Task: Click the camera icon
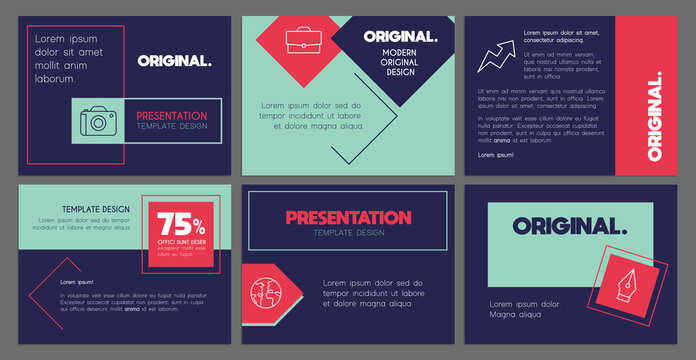point(98,122)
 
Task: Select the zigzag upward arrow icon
point(493,55)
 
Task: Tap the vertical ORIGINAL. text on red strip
point(654,117)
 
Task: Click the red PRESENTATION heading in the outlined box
point(348,217)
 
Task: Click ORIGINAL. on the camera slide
point(174,60)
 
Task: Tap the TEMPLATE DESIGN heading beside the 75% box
point(96,209)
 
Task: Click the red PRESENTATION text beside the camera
point(171,116)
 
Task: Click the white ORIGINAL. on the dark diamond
point(400,37)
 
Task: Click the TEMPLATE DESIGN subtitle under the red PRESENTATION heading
point(348,233)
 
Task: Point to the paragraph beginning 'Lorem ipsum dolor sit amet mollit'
point(68,58)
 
